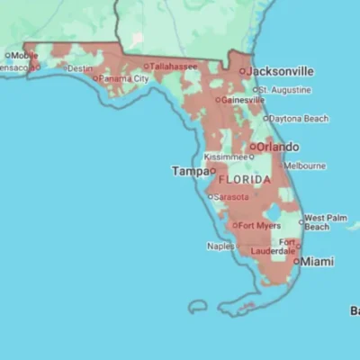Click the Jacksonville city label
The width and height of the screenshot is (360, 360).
281,70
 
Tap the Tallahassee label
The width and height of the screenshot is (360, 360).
174,66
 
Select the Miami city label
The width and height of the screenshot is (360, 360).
317,261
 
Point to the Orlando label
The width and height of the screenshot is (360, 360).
279,147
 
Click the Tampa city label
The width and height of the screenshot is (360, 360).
189,170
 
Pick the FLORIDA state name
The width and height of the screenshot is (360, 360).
244,180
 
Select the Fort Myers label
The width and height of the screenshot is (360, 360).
257,225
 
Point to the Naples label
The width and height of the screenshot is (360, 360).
220,246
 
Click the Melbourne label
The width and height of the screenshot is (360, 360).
304,166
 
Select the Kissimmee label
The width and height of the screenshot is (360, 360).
225,157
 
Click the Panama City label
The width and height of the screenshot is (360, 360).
125,78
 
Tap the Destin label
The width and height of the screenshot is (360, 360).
80,68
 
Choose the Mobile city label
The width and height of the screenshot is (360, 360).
24,55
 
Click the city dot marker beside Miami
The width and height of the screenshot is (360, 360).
296,261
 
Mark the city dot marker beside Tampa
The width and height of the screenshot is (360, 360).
213,169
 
